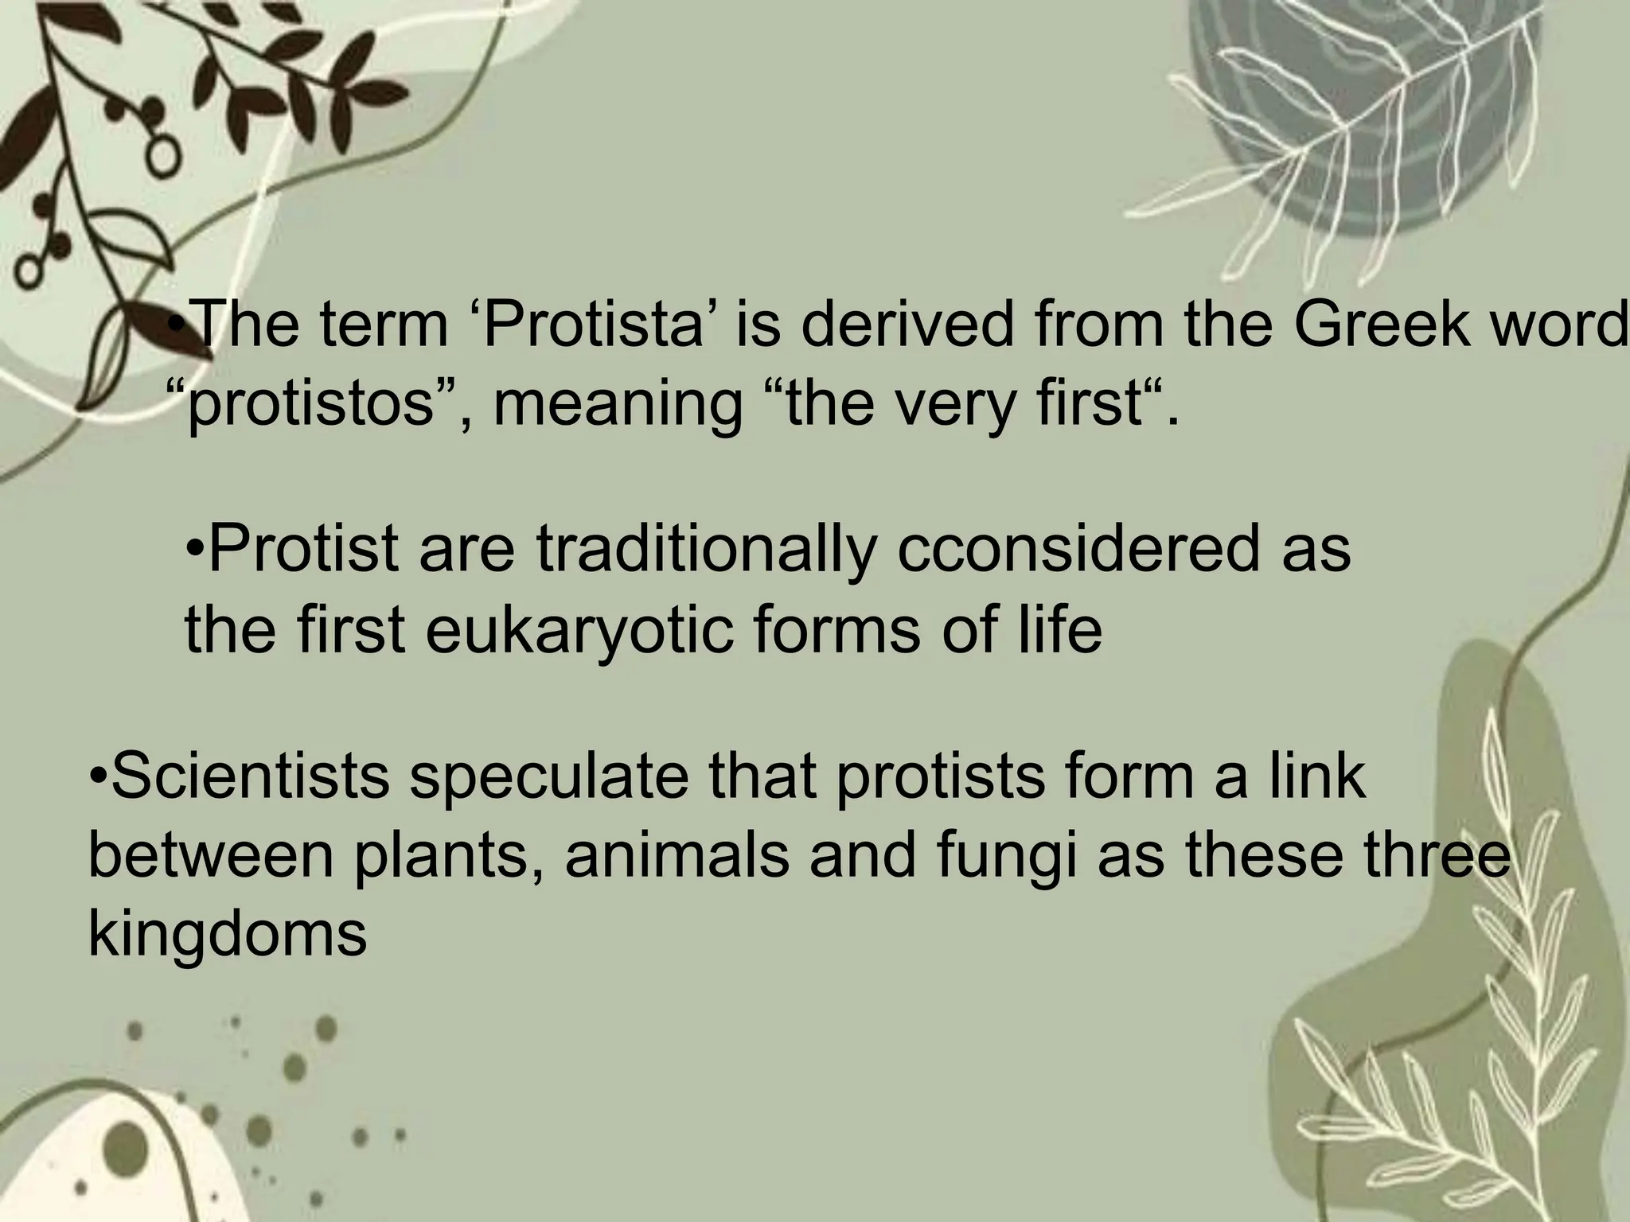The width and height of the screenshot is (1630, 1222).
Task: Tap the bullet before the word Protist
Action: coord(195,551)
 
